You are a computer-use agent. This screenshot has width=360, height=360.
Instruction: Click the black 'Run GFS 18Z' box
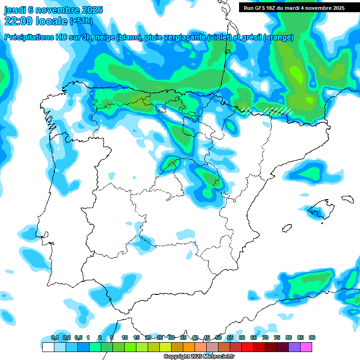click(x=294, y=7)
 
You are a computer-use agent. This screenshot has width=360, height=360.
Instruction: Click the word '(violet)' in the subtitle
click(x=219, y=37)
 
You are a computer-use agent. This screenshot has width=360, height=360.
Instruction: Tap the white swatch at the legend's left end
click(x=48, y=347)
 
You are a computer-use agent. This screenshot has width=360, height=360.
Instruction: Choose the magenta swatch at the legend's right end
click(x=306, y=347)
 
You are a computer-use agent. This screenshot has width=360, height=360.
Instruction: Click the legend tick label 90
click(x=312, y=337)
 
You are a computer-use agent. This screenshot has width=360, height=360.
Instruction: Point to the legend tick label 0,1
click(x=55, y=337)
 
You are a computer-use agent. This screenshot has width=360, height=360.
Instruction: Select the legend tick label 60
click(x=242, y=337)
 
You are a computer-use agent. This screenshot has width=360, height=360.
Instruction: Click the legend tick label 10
click(x=125, y=337)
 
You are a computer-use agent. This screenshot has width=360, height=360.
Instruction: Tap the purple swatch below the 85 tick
click(x=294, y=347)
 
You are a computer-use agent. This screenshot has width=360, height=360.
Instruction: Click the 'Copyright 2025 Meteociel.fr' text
click(x=199, y=357)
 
